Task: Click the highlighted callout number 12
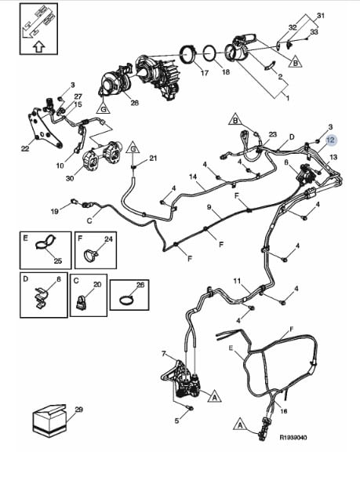[331, 140]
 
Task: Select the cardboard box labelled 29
[49, 420]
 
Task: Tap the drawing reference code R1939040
[293, 437]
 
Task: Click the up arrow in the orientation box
[38, 47]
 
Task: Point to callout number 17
[204, 73]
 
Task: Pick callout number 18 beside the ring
[225, 71]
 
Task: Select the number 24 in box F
[108, 239]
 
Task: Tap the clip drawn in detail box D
[41, 297]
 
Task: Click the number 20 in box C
[97, 284]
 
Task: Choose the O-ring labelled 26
[125, 300]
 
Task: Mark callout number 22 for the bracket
[25, 148]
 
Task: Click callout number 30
[70, 177]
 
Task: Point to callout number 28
[135, 103]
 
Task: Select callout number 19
[55, 211]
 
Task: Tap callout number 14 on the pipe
[193, 177]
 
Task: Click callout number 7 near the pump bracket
[164, 354]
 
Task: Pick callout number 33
[314, 31]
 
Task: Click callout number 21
[153, 159]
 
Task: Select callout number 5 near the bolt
[176, 421]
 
